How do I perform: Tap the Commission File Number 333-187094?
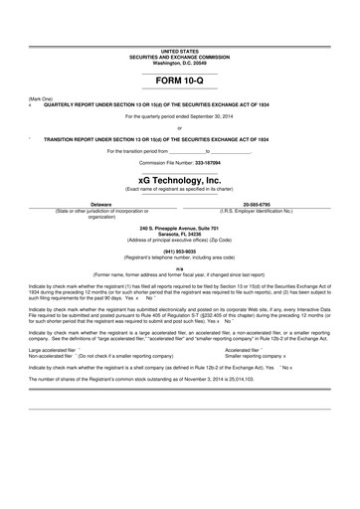[x=180, y=161]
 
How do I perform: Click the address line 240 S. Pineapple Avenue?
[x=180, y=228]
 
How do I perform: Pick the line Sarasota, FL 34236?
[x=180, y=234]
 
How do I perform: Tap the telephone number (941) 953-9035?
[x=180, y=252]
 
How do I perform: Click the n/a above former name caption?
[x=180, y=268]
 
